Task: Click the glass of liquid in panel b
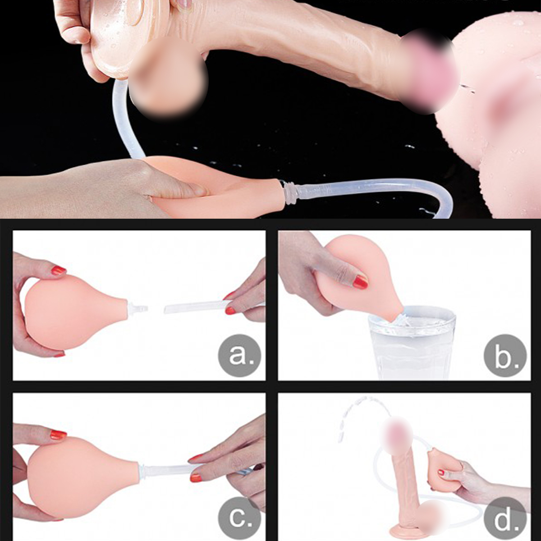pos(412,345)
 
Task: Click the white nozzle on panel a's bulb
pos(137,309)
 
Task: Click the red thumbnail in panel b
pos(360,282)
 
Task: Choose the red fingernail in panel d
pos(441,473)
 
